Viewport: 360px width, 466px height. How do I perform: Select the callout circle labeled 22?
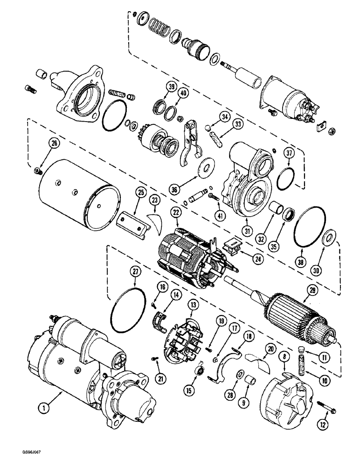175,212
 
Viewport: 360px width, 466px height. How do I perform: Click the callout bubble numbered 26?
55,144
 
